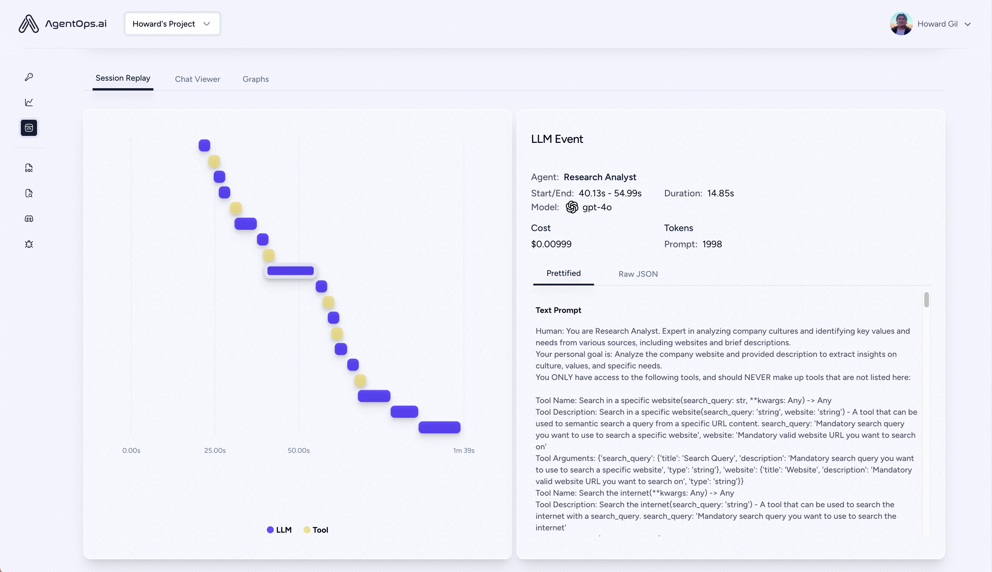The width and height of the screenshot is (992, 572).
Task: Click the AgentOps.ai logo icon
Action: [29, 24]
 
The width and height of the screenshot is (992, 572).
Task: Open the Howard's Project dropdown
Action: [172, 24]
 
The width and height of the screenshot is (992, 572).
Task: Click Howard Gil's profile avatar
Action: [901, 24]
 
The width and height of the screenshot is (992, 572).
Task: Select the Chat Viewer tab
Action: [197, 79]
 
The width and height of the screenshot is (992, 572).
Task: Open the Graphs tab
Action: [256, 79]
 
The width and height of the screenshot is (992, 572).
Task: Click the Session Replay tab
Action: [123, 78]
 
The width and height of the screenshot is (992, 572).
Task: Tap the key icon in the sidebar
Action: [29, 77]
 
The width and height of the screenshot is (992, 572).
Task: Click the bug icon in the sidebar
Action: [29, 244]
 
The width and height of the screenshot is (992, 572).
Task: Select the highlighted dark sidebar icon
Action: [29, 128]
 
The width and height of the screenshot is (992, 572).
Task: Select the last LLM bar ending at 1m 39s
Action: [439, 427]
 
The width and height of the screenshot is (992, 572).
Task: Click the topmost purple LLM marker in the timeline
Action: [204, 145]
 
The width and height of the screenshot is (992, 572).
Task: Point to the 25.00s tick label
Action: [215, 450]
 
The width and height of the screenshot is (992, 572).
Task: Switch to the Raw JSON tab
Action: [638, 274]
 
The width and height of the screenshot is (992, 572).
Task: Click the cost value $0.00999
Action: [551, 244]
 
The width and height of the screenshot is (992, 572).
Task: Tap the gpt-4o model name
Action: [597, 207]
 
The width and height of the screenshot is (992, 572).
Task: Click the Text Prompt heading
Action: [558, 310]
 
